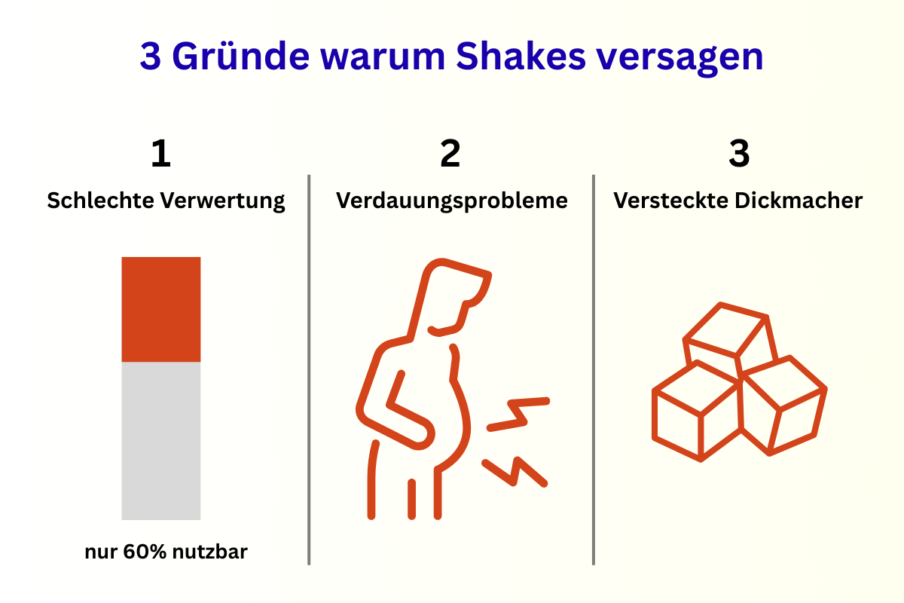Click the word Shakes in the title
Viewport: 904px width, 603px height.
521,56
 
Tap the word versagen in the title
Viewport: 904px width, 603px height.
680,59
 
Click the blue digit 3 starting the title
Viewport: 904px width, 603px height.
151,56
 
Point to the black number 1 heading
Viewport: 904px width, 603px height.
160,153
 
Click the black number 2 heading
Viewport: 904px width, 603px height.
450,153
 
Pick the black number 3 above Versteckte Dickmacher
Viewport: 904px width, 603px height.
739,153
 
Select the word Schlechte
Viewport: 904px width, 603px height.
100,200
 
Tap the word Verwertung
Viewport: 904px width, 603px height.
223,201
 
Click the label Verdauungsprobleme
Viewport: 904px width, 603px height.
451,201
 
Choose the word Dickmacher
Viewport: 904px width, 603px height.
799,200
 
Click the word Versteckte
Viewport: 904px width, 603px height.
670,200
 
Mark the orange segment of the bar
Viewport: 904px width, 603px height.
161,309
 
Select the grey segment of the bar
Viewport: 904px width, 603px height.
161,441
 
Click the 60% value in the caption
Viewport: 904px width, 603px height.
145,552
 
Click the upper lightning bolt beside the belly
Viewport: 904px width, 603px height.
518,414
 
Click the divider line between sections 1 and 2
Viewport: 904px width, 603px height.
309,369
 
